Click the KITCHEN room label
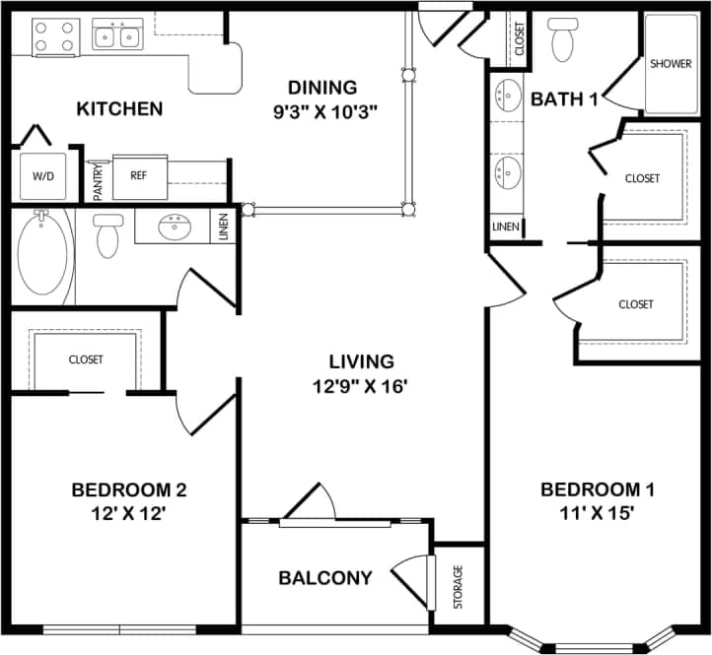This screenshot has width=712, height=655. pos(119,108)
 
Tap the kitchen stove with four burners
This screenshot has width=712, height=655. pos(54,36)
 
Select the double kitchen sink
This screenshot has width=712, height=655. pos(116,36)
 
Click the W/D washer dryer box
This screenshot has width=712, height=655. pos(43,177)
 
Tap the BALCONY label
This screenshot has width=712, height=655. pos(324,578)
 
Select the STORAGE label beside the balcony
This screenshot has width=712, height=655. pos(458,586)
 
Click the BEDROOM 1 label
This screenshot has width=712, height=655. pos(599,490)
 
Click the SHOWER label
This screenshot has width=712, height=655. pos(671,63)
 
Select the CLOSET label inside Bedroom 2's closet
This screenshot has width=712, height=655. pos(86,360)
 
